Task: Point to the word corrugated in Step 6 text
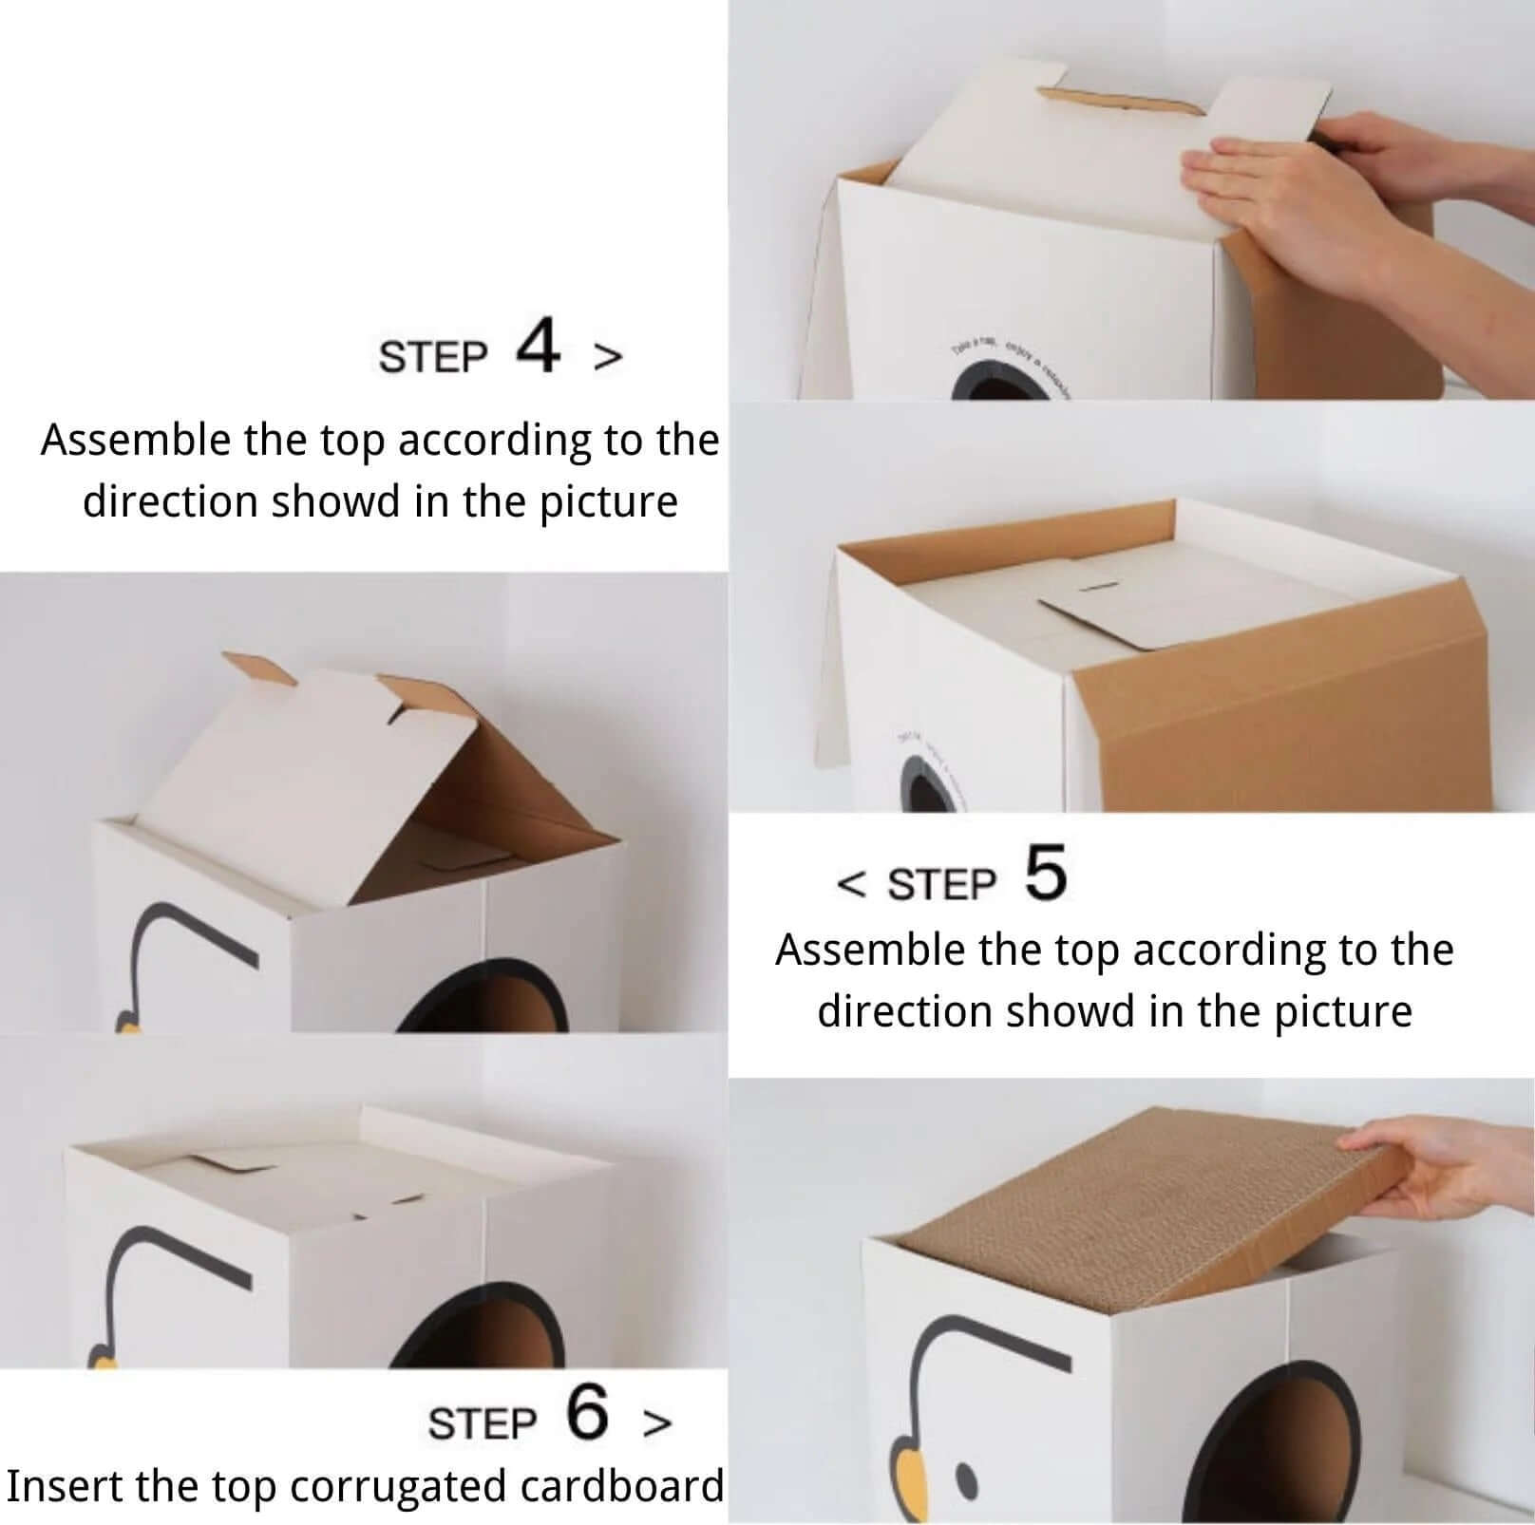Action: click(400, 1486)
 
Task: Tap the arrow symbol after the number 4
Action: click(608, 356)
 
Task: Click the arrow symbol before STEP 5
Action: click(851, 884)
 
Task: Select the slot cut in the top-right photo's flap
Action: click(1121, 100)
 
